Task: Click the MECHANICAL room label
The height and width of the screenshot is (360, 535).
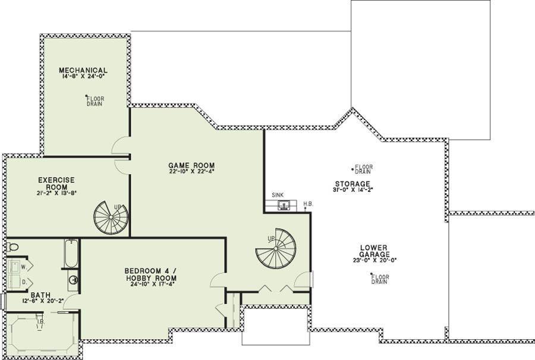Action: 83,70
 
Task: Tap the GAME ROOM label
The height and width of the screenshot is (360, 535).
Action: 191,166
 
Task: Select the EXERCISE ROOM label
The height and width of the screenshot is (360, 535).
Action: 56,184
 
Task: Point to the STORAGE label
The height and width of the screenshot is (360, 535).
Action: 353,184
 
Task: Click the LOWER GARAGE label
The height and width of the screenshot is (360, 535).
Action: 374,251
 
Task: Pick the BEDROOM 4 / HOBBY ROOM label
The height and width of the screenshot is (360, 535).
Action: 150,274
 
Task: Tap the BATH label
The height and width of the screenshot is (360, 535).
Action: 40,295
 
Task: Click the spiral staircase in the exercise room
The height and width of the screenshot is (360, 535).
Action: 111,218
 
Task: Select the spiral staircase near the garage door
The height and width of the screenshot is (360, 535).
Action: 276,249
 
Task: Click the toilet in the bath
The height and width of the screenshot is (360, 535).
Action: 12,246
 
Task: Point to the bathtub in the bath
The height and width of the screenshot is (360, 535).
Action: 71,254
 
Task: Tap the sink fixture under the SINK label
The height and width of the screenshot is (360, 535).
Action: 282,205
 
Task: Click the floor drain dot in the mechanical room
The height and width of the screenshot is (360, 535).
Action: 86,96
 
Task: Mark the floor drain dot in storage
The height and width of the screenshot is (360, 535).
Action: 353,169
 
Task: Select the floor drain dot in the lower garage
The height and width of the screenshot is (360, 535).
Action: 372,274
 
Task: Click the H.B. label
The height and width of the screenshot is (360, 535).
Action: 309,204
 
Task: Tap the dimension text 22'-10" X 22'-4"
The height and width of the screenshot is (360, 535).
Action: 191,172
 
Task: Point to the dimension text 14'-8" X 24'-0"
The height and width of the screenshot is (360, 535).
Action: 83,77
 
